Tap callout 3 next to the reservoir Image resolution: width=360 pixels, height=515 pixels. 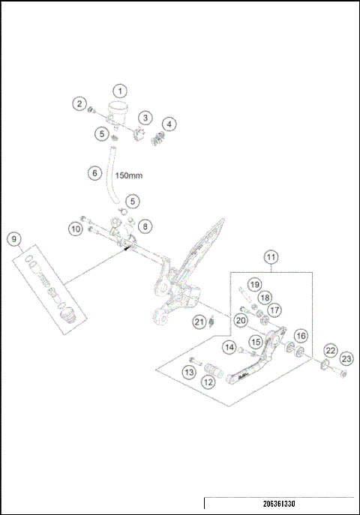pyautogui.click(x=145, y=118)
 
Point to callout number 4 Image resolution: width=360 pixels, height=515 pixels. pyautogui.click(x=170, y=123)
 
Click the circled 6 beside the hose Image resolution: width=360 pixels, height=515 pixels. pyautogui.click(x=94, y=172)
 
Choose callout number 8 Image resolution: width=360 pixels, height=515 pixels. pyautogui.click(x=145, y=225)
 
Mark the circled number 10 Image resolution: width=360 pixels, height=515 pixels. pyautogui.click(x=75, y=228)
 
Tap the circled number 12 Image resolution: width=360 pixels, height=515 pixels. pyautogui.click(x=208, y=381)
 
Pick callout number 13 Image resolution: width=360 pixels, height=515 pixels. pyautogui.click(x=190, y=371)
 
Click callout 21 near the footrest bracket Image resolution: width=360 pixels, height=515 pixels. pyautogui.click(x=199, y=322)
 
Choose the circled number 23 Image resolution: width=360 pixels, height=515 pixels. pyautogui.click(x=347, y=358)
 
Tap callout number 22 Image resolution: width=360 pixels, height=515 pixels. pyautogui.click(x=329, y=351)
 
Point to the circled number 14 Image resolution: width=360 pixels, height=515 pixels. pyautogui.click(x=229, y=347)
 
